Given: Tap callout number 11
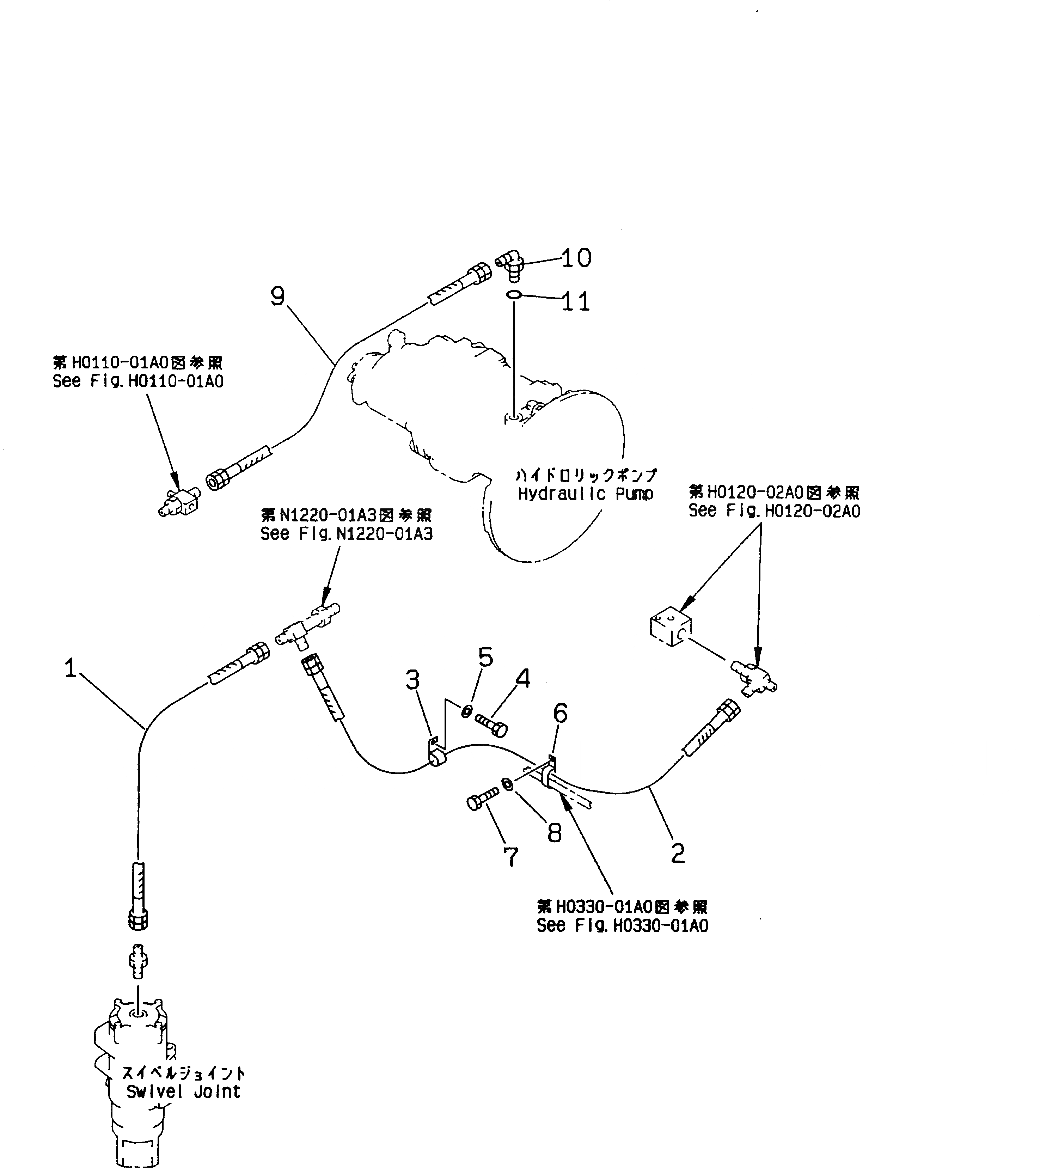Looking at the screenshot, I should pyautogui.click(x=575, y=301).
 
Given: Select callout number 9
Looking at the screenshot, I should pyautogui.click(x=278, y=296).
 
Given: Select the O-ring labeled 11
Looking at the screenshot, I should pyautogui.click(x=513, y=295).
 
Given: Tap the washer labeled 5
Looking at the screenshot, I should pyautogui.click(x=467, y=711).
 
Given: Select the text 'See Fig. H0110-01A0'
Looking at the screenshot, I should pyautogui.click(x=138, y=381).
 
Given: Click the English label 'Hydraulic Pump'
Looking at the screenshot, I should pyautogui.click(x=585, y=494).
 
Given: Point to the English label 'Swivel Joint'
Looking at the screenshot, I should pyautogui.click(x=183, y=1092).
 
